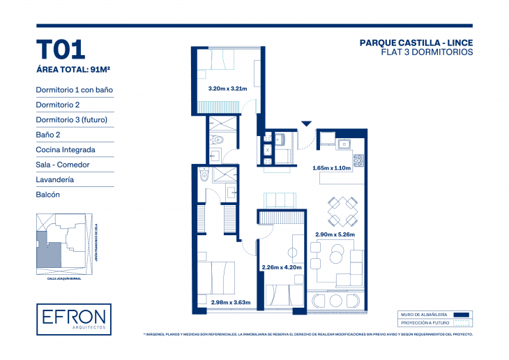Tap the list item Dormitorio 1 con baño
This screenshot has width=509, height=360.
coord(74,89)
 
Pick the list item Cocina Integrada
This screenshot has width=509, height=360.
coord(66,149)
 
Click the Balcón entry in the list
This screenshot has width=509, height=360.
coord(48,195)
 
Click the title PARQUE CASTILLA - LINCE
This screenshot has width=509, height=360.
coord(416,43)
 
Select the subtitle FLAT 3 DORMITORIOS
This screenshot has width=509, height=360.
coord(427,52)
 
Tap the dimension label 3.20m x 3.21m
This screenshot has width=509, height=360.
coord(228,89)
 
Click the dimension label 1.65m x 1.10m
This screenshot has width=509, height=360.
coord(331,168)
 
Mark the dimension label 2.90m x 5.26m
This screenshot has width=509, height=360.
coord(335,234)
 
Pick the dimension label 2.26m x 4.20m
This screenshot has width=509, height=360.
coord(280,267)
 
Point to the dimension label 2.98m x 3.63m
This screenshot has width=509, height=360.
coord(230,302)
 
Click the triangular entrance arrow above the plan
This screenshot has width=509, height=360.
coord(305,124)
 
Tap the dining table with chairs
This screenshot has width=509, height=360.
coord(342,211)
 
